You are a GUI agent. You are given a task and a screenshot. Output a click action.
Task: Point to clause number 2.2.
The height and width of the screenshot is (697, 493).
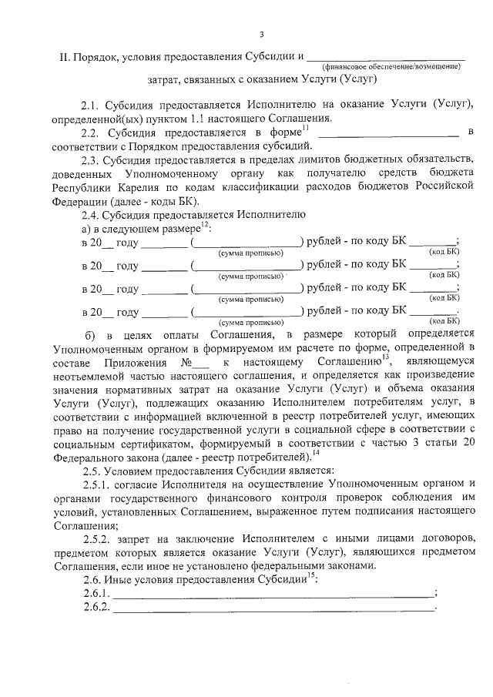click(91, 133)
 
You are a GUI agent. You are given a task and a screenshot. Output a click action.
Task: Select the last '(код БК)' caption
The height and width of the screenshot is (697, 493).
click(444, 320)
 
